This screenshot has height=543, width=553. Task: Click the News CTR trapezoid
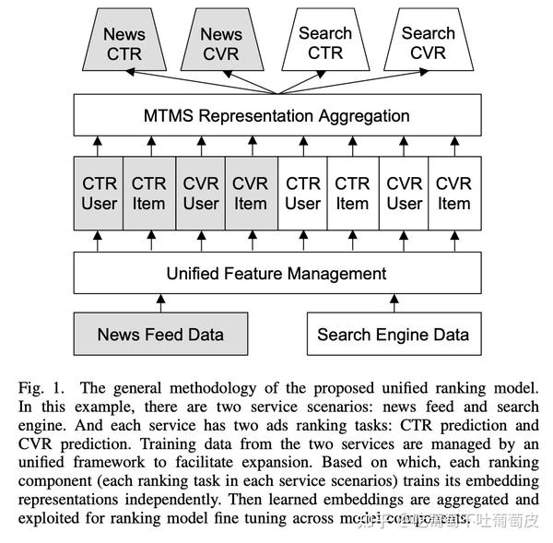(x=124, y=43)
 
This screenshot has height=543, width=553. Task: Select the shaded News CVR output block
(x=221, y=43)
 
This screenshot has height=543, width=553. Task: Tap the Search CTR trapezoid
(x=324, y=42)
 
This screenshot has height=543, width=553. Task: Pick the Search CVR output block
(x=428, y=42)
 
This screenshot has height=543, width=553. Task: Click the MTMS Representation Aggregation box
(x=276, y=115)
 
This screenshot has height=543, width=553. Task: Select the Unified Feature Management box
(x=276, y=274)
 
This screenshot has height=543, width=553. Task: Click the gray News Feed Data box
(x=160, y=335)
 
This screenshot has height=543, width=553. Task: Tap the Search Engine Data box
(x=393, y=335)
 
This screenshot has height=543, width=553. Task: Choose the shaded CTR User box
(x=99, y=194)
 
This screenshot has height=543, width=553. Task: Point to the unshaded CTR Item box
(x=352, y=194)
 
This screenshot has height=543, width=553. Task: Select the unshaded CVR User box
(x=404, y=194)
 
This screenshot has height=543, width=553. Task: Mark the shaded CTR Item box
(x=149, y=194)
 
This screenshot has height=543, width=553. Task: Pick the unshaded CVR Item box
(x=453, y=194)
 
